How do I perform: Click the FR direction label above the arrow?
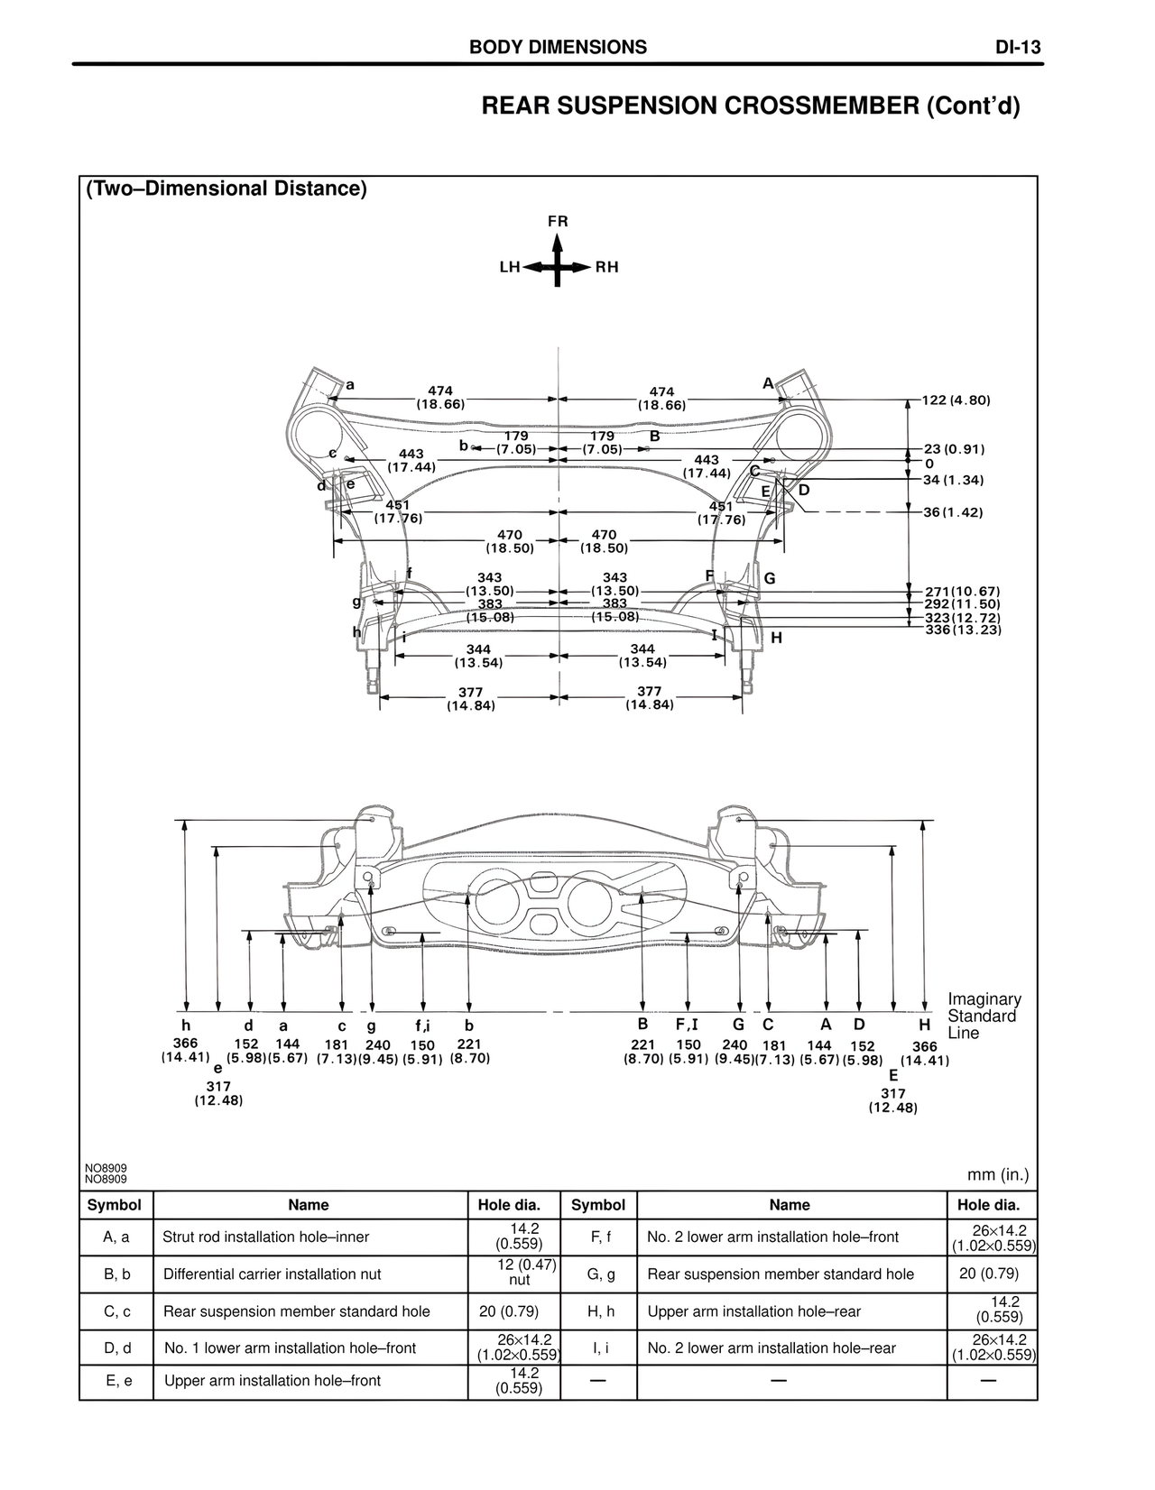click(x=558, y=221)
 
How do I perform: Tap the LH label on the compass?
click(x=510, y=268)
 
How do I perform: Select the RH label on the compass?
click(x=606, y=268)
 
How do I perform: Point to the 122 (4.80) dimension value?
click(x=956, y=400)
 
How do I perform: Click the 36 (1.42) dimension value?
click(x=953, y=512)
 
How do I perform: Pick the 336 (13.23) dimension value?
click(x=963, y=630)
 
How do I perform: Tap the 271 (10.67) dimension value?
click(x=963, y=592)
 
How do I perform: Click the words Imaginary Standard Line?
click(x=984, y=1016)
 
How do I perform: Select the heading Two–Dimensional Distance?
click(x=226, y=189)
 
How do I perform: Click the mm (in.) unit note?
click(x=998, y=1175)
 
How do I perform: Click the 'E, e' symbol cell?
click(x=117, y=1381)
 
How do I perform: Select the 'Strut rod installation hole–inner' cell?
click(x=265, y=1237)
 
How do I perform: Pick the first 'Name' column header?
click(x=309, y=1205)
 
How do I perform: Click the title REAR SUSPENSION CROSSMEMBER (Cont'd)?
click(x=751, y=106)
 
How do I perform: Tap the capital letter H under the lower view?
click(x=924, y=1026)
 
